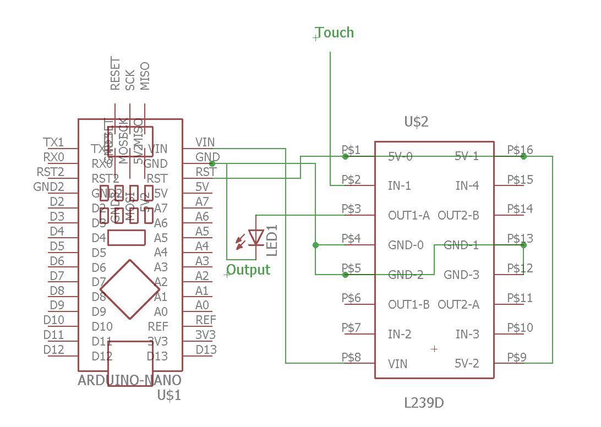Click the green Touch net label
pos(335,33)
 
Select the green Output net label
pos(249,270)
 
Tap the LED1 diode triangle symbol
pos(255,237)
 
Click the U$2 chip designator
pos(416,122)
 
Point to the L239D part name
pos(424,403)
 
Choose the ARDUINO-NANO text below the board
pos(130,380)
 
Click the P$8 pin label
pos(351,357)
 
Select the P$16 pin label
pos(520,150)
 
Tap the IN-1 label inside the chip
pos(400,186)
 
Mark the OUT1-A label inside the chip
pos(409,216)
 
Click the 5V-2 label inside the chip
pos(467,364)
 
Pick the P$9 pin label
pos(517,357)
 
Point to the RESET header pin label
pos(115,74)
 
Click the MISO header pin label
pos(145,76)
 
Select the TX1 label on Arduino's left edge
pos(53,143)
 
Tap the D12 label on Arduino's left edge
pos(53,349)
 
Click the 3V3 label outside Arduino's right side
pos(206,335)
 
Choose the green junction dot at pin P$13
pos(523,245)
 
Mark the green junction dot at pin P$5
pos(345,275)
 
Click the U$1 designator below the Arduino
pos(169,395)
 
